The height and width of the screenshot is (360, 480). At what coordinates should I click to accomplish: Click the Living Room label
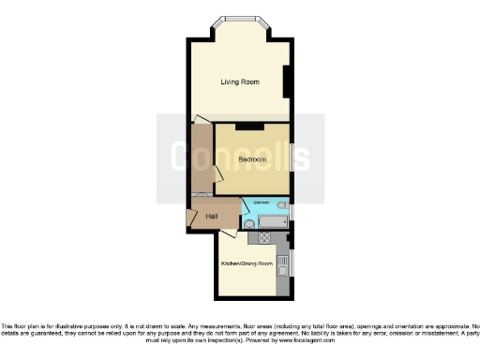click(240, 82)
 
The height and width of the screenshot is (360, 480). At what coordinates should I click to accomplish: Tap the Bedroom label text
click(251, 159)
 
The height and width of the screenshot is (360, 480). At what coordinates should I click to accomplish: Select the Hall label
click(213, 217)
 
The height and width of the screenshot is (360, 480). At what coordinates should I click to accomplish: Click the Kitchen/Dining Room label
click(247, 264)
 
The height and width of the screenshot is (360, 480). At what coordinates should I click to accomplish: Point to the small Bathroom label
click(262, 203)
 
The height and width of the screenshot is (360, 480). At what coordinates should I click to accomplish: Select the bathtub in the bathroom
click(274, 222)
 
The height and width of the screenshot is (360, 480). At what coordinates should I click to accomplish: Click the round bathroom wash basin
click(248, 224)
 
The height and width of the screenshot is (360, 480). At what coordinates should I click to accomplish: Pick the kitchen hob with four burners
click(265, 239)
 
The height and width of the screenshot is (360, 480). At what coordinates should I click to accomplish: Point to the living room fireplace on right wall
click(287, 82)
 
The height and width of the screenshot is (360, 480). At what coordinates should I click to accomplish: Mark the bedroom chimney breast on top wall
click(248, 126)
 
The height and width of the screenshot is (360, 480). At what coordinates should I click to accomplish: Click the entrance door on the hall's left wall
click(191, 217)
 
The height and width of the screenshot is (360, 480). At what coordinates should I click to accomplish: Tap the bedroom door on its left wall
click(217, 173)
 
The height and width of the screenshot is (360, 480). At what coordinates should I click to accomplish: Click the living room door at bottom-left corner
click(202, 118)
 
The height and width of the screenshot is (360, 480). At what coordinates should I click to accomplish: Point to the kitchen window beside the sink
click(292, 262)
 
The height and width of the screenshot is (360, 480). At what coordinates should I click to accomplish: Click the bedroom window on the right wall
click(292, 159)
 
